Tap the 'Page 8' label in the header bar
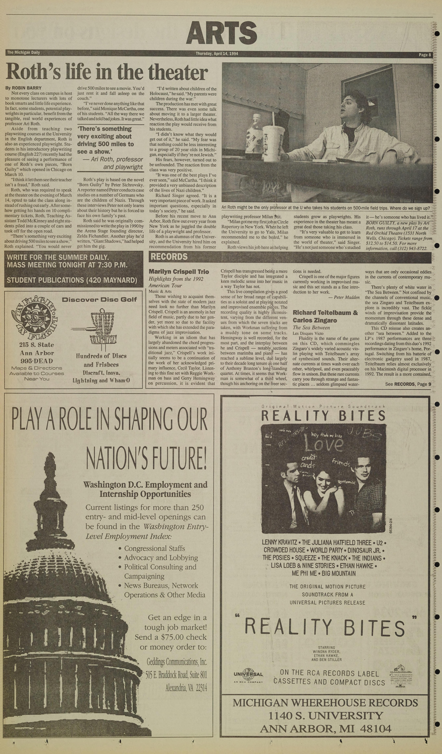425,55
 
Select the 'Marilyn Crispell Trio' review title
179,272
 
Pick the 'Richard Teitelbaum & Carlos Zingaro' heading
325,316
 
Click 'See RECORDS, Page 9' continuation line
408,384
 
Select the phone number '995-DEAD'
37,361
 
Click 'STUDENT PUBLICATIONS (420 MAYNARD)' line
72,280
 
